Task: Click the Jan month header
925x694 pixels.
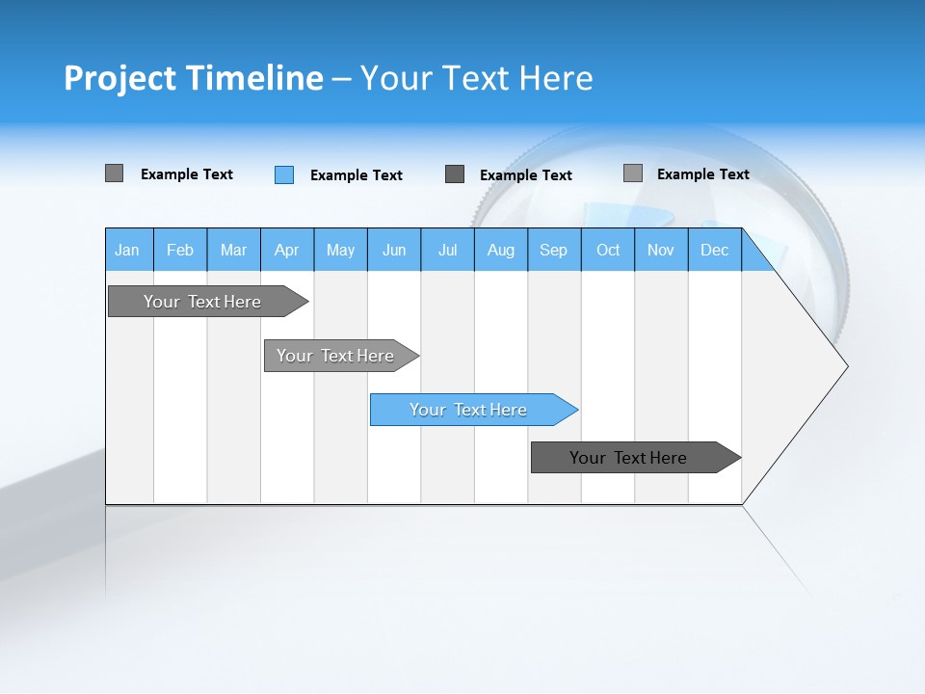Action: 127,250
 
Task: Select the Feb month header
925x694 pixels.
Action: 180,250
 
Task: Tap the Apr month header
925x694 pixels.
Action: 286,250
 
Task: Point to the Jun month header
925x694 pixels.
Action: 394,250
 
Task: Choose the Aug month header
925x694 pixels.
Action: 500,250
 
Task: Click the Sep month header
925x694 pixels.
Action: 553,250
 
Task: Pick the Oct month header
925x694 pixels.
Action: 608,250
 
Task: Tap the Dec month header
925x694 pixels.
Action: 714,250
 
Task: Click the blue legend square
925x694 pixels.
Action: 283,174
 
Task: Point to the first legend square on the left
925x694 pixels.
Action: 114,173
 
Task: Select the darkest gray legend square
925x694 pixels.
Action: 455,173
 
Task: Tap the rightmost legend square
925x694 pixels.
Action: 632,173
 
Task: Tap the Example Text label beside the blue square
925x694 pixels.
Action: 356,175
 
